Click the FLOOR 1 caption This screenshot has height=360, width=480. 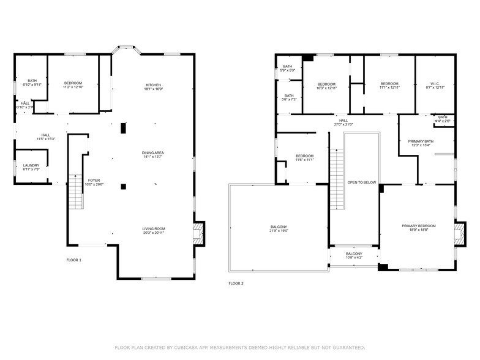73,260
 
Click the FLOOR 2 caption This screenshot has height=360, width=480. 236,283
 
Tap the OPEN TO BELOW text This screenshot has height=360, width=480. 362,182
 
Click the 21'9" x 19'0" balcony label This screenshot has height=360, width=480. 279,229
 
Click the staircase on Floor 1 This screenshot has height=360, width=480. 75,191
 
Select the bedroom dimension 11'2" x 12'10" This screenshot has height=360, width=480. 73,88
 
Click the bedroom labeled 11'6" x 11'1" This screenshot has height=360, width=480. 305,158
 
